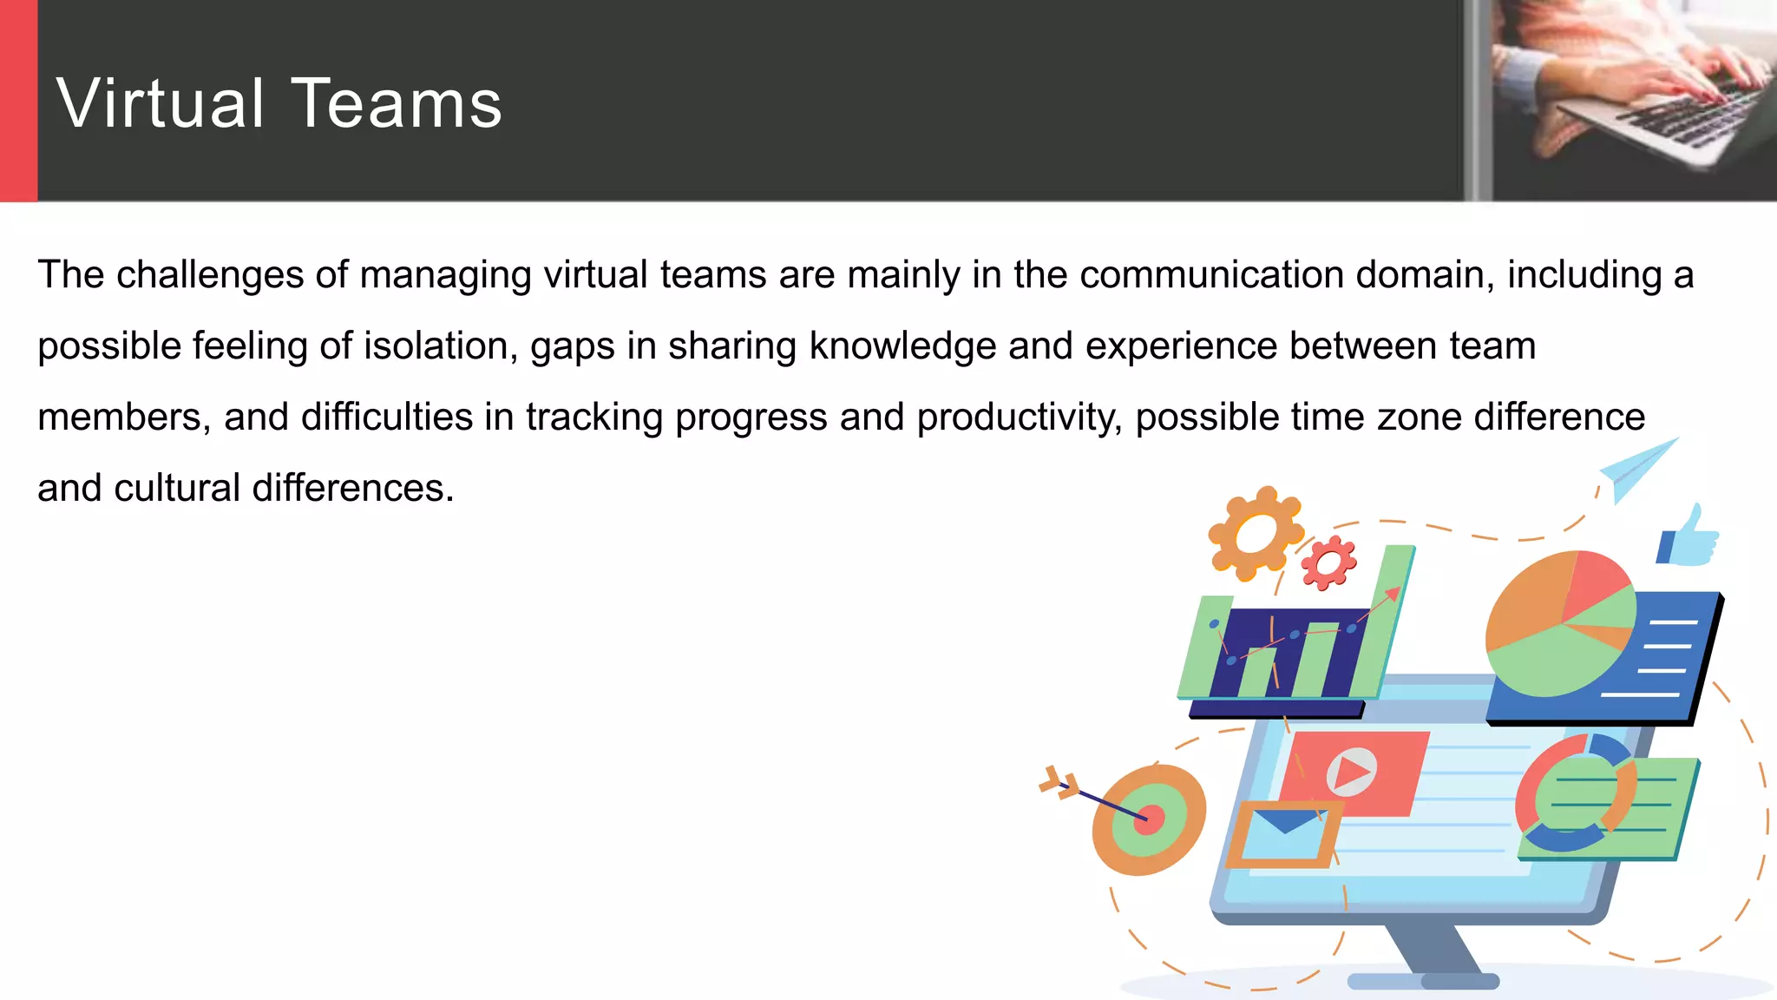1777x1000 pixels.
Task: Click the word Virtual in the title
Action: coord(160,103)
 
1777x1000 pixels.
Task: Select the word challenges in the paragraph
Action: coord(209,275)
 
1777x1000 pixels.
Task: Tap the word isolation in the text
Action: coord(440,346)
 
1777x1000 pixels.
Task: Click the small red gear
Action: coord(1328,563)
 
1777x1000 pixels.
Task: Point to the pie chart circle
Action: coord(1560,623)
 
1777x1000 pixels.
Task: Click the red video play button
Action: coord(1351,771)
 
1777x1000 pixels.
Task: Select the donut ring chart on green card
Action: coord(1575,793)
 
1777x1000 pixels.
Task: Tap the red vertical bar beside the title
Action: coord(18,101)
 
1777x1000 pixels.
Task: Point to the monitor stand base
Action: coord(1423,981)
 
